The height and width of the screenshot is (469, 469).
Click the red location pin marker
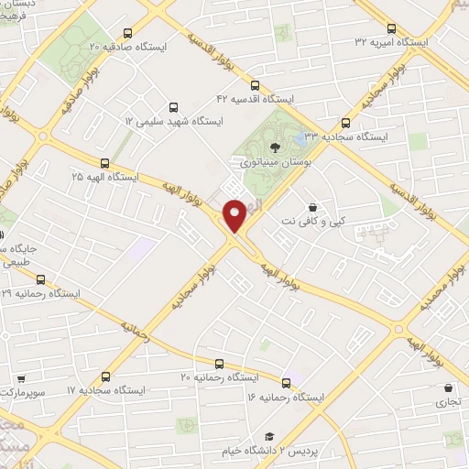coord(234,216)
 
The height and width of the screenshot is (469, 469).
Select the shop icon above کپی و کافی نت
coord(315,209)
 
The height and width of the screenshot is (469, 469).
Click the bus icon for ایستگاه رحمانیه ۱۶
coord(287,383)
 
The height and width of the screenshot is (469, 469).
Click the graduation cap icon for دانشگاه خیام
coord(269,436)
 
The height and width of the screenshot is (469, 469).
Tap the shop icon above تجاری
coord(447,388)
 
